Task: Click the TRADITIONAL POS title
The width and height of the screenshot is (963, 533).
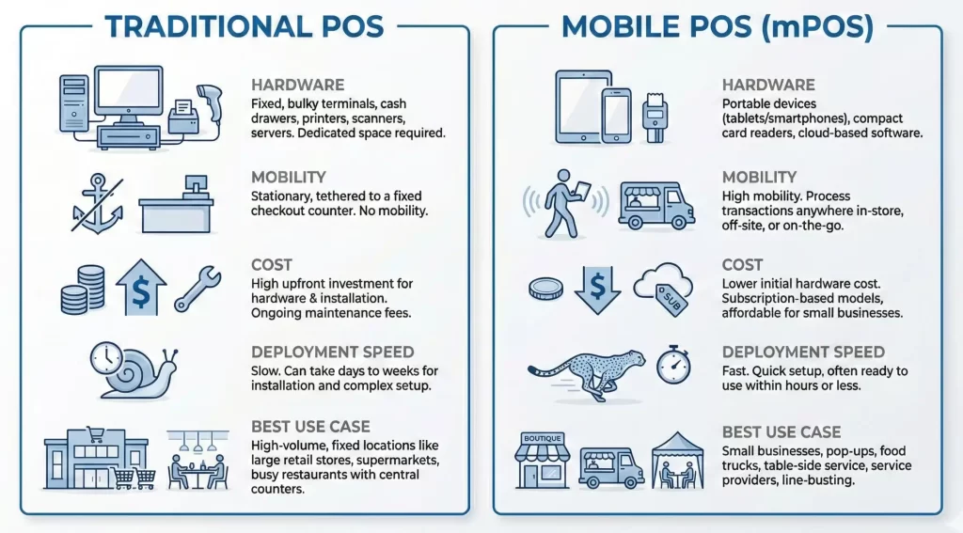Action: pos(244,27)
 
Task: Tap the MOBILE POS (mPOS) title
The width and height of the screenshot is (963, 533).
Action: pos(718,27)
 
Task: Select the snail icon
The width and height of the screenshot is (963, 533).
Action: pos(134,370)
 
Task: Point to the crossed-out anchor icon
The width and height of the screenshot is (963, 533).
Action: pos(97,203)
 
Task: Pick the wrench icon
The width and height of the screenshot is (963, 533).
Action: pos(197,288)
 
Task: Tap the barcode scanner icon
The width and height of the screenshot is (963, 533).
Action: pos(210,103)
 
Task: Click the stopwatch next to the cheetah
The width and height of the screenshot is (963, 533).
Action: pos(673,365)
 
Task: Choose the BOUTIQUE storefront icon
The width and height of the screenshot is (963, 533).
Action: pos(542,460)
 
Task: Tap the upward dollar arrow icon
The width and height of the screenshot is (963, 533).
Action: pos(141,288)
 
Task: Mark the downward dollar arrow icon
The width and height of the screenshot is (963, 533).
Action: pos(597,290)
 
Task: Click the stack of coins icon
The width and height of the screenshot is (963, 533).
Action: pos(83,290)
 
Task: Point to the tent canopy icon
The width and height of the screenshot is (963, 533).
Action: pos(677,461)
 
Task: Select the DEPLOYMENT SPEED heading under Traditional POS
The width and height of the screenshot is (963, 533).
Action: pos(332,352)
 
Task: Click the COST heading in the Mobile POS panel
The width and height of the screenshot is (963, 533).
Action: pos(742,265)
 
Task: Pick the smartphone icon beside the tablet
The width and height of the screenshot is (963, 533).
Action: pos(616,116)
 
